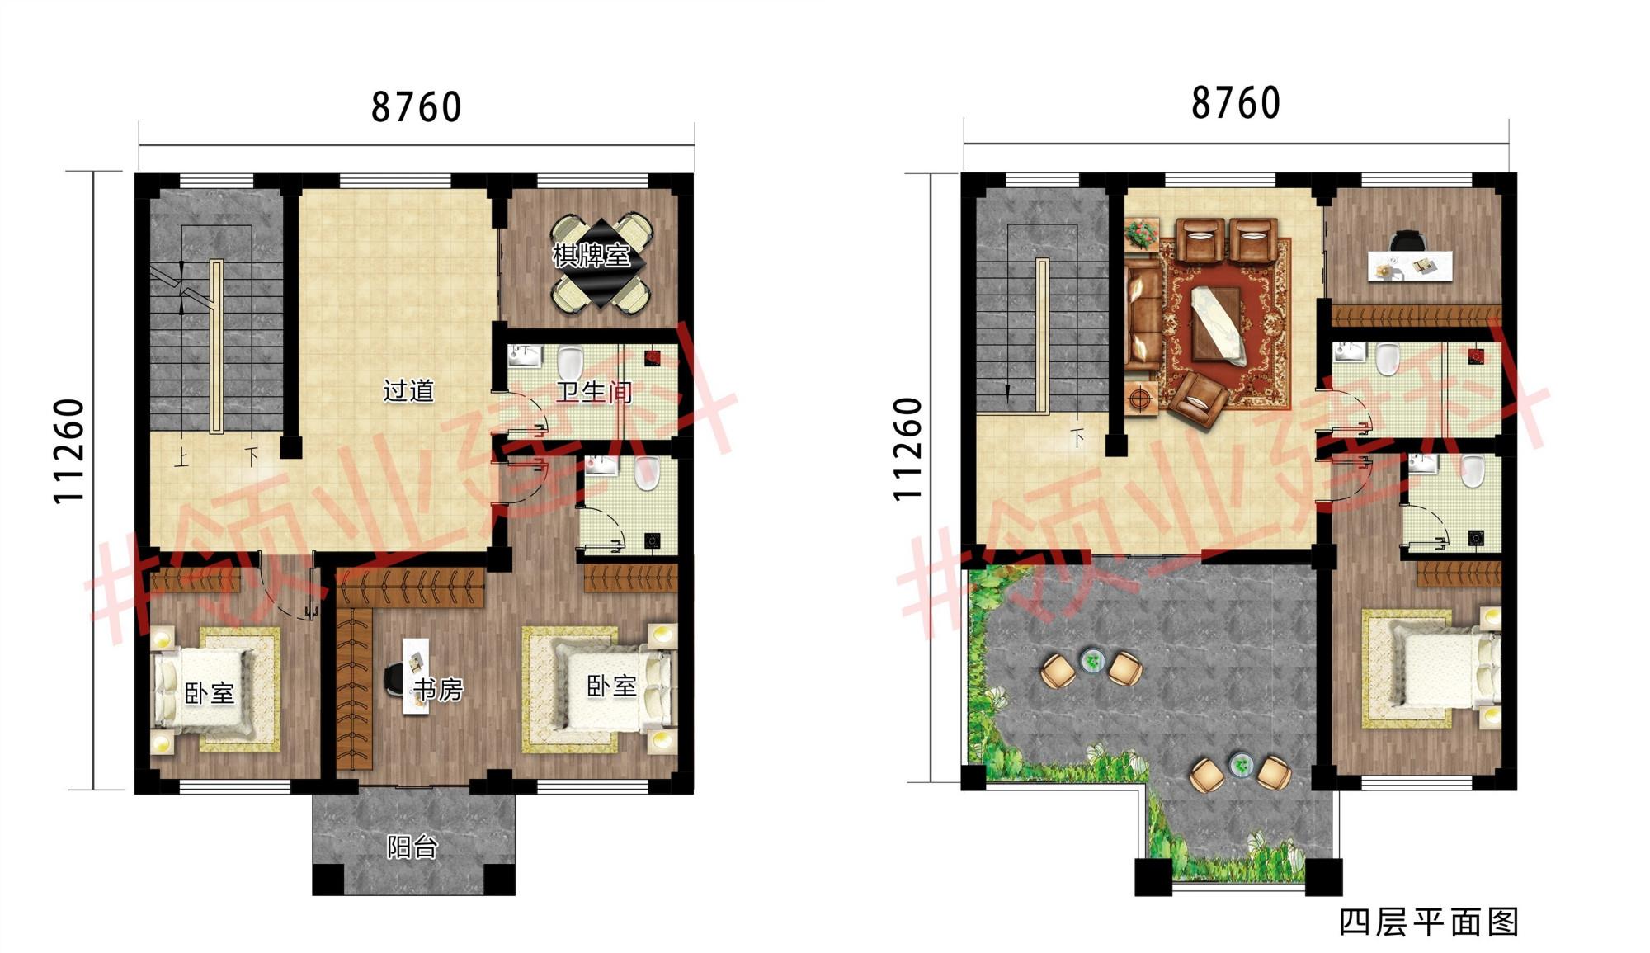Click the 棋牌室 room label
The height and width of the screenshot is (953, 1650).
click(x=592, y=256)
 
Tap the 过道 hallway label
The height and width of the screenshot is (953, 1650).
click(x=408, y=389)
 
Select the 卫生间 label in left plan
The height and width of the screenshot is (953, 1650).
click(x=594, y=391)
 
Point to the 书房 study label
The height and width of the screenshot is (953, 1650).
click(x=439, y=689)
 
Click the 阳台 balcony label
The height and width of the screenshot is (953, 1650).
click(x=412, y=847)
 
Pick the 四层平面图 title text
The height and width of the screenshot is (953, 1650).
click(x=1429, y=922)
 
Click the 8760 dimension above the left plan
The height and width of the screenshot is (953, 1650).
click(x=417, y=107)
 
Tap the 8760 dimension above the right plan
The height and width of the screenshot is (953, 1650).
click(x=1236, y=103)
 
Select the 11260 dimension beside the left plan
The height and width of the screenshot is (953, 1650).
click(x=69, y=451)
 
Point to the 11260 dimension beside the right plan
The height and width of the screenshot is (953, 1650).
click(x=907, y=449)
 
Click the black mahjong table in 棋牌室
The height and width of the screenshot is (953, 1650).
click(x=601, y=263)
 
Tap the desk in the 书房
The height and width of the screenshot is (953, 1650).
click(x=417, y=676)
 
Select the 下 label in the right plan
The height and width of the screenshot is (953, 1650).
click(x=1077, y=437)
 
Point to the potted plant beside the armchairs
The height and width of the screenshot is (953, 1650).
click(x=1142, y=234)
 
